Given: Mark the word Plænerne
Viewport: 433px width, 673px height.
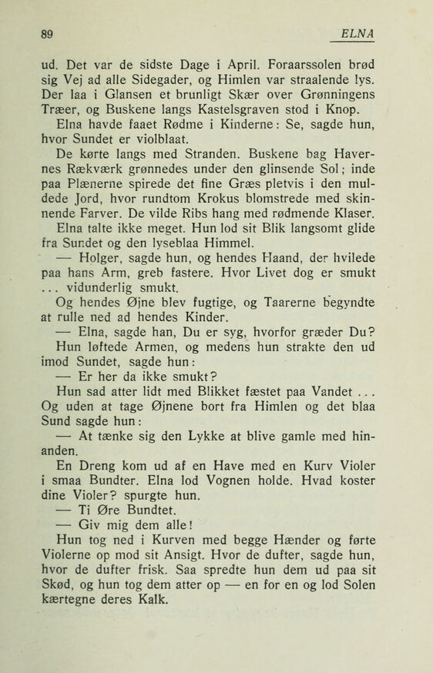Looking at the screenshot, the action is [96, 215].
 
